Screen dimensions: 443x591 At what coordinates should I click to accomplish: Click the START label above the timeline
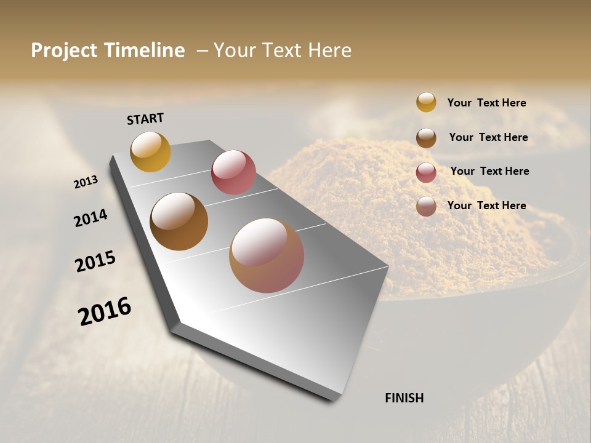(x=145, y=119)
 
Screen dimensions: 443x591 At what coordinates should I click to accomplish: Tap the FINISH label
(x=404, y=398)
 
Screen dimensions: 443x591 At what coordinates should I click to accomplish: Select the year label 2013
(x=86, y=182)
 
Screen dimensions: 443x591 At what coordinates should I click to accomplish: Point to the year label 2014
(x=91, y=218)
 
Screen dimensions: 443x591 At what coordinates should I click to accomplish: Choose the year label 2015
(x=95, y=261)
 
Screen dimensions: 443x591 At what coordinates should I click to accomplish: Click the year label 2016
(x=105, y=311)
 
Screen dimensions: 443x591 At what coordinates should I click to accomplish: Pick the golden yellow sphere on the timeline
(x=150, y=151)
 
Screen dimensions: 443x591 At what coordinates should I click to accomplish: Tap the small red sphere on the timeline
(x=233, y=172)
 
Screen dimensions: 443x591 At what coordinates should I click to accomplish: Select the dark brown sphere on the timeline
(x=179, y=221)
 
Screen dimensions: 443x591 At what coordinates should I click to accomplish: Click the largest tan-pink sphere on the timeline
(x=267, y=255)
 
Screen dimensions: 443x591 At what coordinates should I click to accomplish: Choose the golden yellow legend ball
(x=426, y=102)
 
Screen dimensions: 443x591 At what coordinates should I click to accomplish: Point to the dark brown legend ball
(x=426, y=138)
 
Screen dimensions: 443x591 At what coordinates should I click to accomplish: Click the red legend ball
(x=426, y=172)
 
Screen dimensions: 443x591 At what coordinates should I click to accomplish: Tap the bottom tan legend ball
(x=426, y=206)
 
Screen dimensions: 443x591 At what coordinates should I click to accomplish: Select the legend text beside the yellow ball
(x=486, y=103)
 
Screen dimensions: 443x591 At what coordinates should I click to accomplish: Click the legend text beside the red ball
(x=489, y=171)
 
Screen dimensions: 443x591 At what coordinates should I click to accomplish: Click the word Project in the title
(x=65, y=50)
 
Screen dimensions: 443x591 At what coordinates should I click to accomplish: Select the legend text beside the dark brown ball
(x=488, y=137)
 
